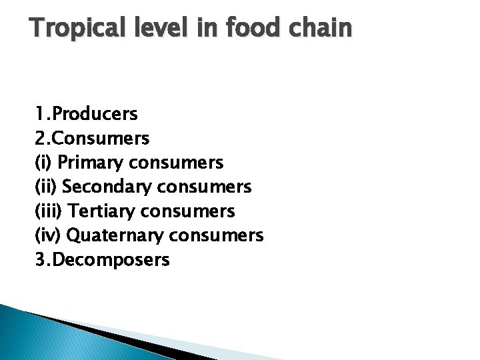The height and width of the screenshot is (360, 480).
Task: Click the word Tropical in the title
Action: (78, 28)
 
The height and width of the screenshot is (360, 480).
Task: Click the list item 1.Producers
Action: (87, 114)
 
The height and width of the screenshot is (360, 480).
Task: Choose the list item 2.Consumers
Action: (92, 138)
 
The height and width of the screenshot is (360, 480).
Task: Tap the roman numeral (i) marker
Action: (43, 162)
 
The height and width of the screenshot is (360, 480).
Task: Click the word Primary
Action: (90, 163)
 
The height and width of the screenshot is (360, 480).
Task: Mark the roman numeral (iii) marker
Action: (49, 211)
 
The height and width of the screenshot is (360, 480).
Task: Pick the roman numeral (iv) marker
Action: (48, 235)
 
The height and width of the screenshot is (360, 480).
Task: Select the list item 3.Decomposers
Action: (103, 260)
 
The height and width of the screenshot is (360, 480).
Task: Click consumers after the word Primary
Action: (176, 163)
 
